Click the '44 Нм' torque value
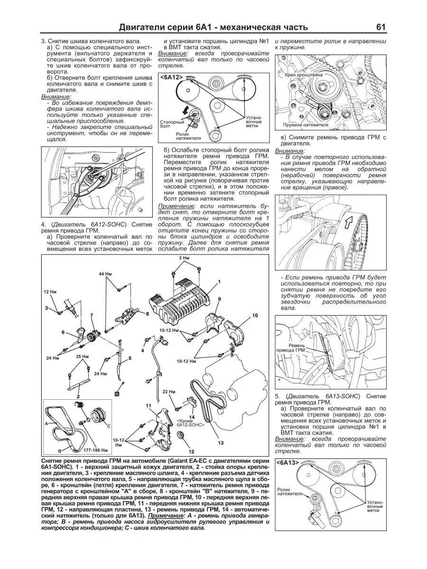point(104,275)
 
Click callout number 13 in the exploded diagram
point(220,442)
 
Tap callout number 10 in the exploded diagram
point(254,315)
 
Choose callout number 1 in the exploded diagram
point(220,282)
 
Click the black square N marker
point(116,394)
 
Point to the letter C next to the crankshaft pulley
point(108,426)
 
